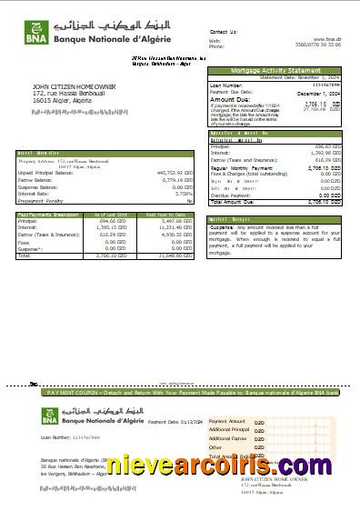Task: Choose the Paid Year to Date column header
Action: [172, 214]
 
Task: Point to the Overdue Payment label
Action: [231, 195]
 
